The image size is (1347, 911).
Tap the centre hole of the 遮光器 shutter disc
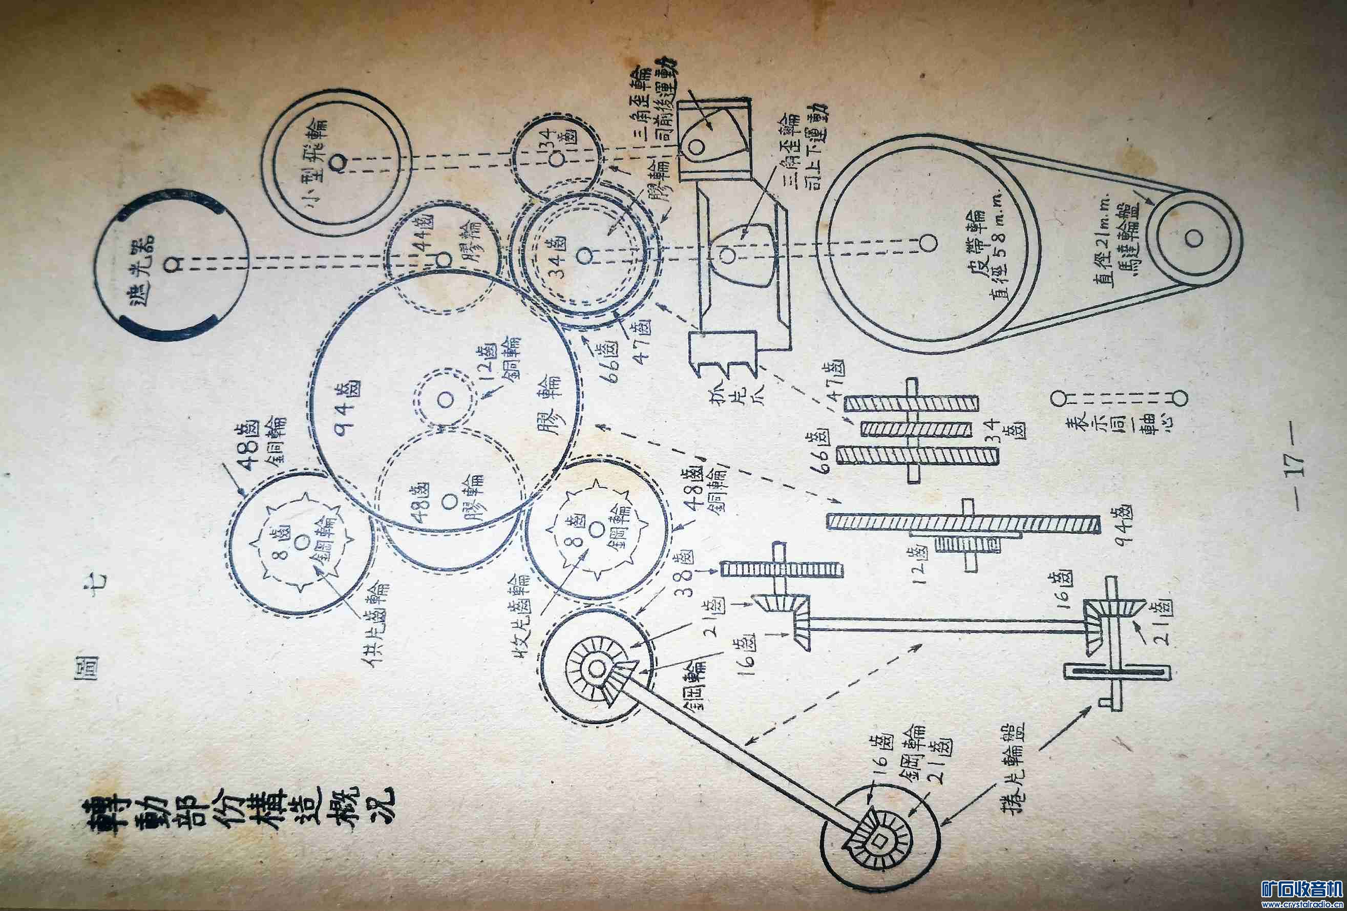(x=172, y=264)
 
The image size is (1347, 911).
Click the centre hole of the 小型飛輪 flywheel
(x=338, y=162)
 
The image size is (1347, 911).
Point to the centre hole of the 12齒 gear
(x=446, y=399)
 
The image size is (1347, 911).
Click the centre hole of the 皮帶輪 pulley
(x=929, y=243)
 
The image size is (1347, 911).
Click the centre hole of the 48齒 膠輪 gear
(x=447, y=501)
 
